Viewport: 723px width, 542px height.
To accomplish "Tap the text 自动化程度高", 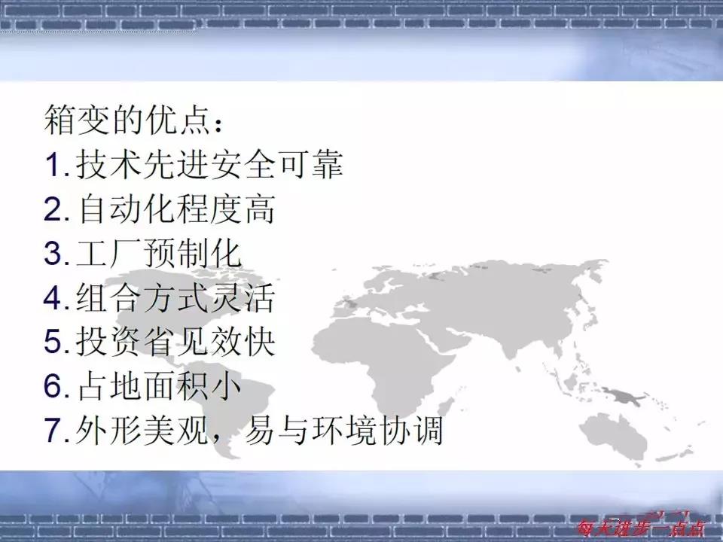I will [x=176, y=211].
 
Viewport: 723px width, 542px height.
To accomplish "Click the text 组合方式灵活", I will [x=176, y=299].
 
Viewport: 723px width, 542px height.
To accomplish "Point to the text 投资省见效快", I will [x=176, y=343].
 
